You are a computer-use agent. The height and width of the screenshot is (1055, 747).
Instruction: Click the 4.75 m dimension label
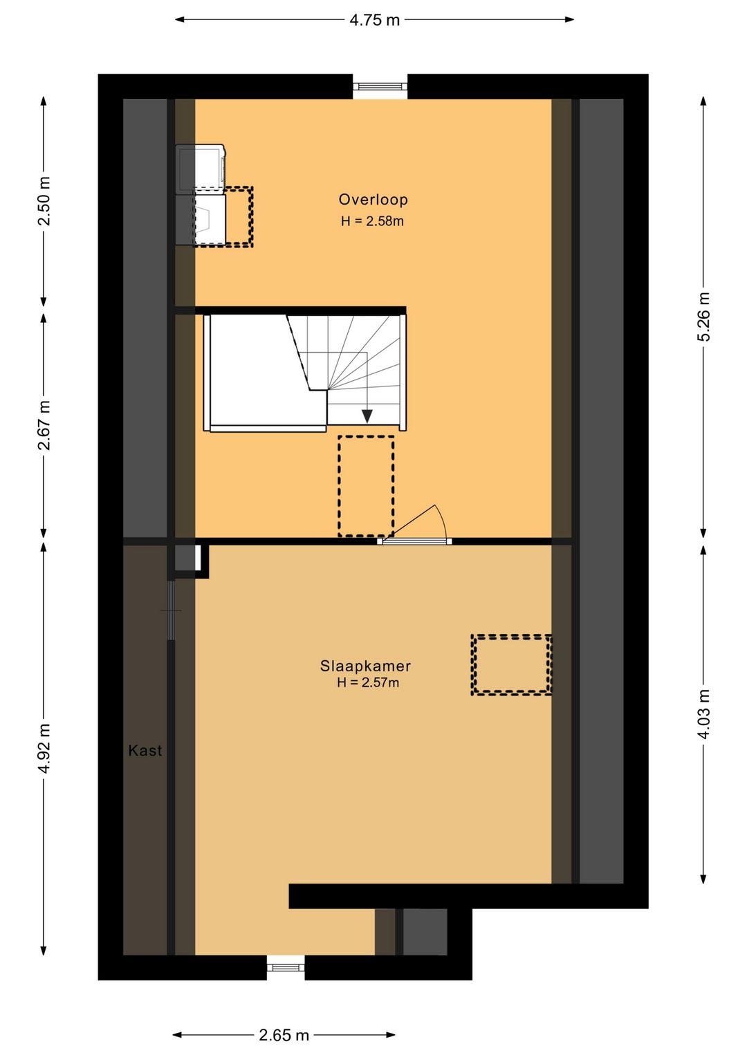[x=374, y=20]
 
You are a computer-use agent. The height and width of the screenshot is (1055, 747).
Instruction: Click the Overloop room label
[x=373, y=199]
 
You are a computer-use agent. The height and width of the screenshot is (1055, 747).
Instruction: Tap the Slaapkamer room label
[x=365, y=666]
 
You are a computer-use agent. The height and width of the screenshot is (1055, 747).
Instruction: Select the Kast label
[x=145, y=750]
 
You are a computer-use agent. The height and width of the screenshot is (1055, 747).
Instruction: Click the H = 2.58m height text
[x=372, y=221]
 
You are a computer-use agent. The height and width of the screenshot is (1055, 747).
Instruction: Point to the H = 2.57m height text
[x=368, y=682]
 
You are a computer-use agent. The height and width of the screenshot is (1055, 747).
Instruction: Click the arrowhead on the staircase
[x=367, y=416]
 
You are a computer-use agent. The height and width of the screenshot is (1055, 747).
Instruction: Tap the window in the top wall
[x=380, y=86]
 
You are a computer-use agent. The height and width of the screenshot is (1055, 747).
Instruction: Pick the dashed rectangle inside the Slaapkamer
[x=511, y=664]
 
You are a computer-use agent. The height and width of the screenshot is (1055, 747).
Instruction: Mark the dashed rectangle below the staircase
[x=366, y=485]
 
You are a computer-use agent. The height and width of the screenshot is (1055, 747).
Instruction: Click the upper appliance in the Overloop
[x=201, y=168]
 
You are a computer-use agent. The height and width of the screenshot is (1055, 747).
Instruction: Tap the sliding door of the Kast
[x=171, y=610]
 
